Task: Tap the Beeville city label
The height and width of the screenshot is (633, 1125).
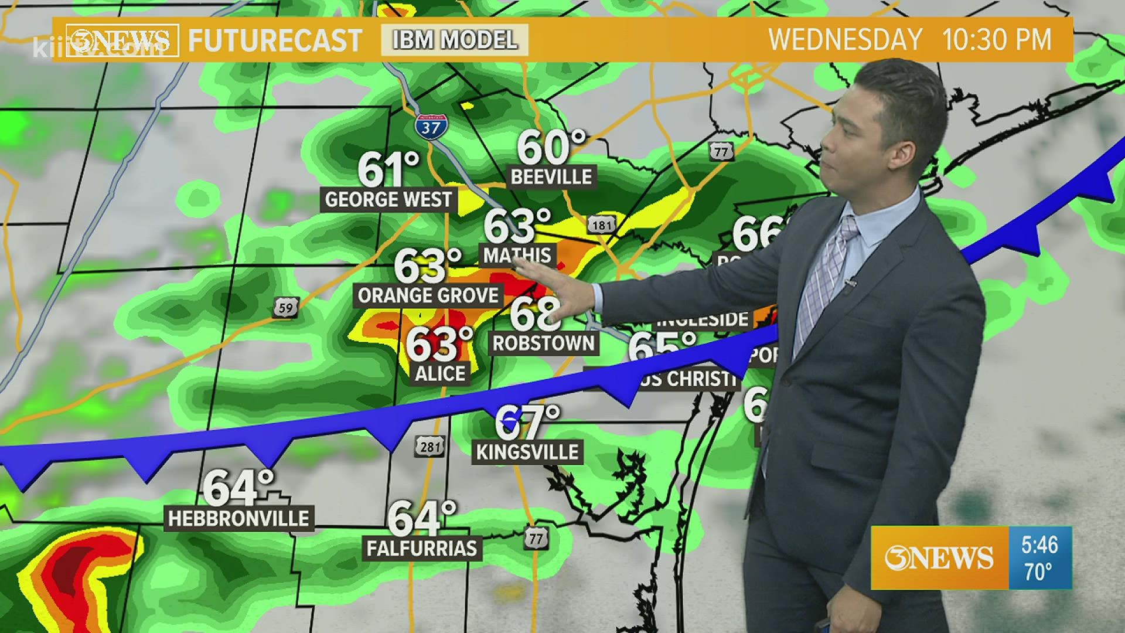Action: (x=551, y=176)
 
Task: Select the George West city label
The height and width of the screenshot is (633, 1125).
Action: (x=388, y=200)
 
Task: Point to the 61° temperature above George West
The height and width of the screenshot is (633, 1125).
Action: (x=388, y=169)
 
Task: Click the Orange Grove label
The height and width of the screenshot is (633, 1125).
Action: (x=428, y=295)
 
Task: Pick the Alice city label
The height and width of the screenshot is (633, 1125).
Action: (x=440, y=373)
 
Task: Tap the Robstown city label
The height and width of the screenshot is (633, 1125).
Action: (x=543, y=343)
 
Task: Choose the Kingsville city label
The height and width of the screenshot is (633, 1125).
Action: (x=527, y=452)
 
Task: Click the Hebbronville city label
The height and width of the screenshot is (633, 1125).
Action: (x=238, y=519)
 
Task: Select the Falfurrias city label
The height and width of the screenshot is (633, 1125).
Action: (x=422, y=549)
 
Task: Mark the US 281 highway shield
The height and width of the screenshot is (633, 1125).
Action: (x=431, y=447)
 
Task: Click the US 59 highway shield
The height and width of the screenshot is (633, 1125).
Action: (x=286, y=307)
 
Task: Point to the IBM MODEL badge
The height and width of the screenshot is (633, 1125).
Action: (x=455, y=40)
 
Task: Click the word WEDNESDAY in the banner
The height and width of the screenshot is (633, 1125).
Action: (x=845, y=40)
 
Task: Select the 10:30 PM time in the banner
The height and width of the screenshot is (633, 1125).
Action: (x=997, y=40)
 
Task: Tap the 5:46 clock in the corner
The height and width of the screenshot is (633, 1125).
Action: (x=1039, y=545)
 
